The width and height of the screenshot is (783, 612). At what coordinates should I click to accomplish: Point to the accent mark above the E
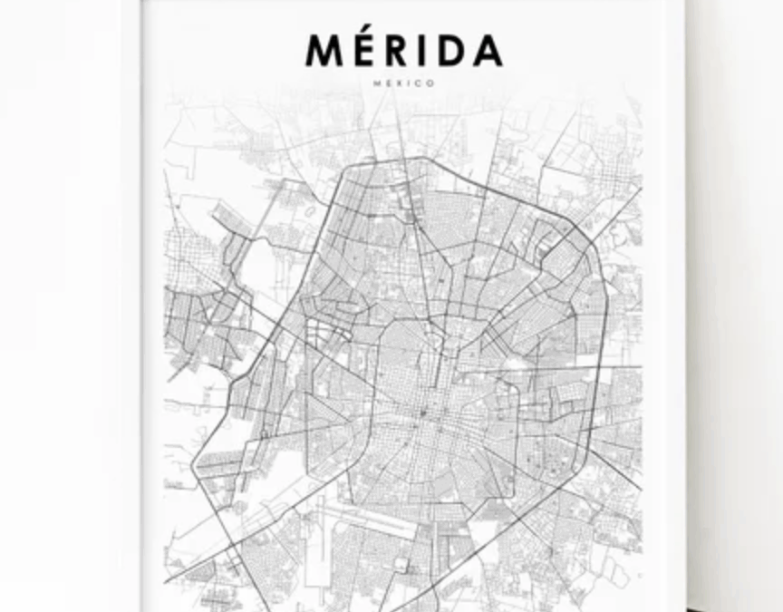(x=370, y=34)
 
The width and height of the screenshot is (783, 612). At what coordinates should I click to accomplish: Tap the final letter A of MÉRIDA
(x=487, y=51)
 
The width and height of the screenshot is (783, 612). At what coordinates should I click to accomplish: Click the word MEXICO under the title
(x=404, y=83)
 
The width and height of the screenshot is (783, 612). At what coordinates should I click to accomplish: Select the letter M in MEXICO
(x=377, y=83)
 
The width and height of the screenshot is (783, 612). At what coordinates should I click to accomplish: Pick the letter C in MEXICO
(x=420, y=83)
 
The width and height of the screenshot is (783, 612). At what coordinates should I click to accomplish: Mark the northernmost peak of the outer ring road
(x=420, y=158)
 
